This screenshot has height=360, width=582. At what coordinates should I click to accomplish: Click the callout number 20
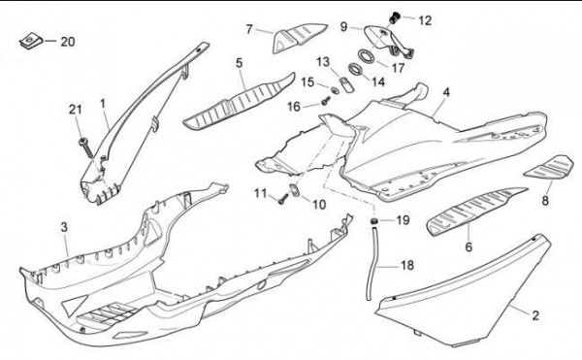pyautogui.click(x=68, y=42)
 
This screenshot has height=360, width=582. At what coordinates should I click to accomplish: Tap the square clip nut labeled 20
pyautogui.click(x=30, y=41)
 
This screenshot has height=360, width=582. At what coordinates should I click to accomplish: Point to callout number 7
pyautogui.click(x=249, y=28)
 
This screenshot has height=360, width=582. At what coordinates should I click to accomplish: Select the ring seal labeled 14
pyautogui.click(x=357, y=69)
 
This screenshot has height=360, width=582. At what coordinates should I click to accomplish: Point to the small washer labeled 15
pyautogui.click(x=334, y=90)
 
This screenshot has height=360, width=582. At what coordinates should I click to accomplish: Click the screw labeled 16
pyautogui.click(x=326, y=100)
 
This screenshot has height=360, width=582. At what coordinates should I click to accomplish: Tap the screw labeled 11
pyautogui.click(x=283, y=199)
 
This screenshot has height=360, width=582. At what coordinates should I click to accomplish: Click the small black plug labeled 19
pyautogui.click(x=373, y=221)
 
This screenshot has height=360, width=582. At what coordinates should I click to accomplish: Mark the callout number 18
pyautogui.click(x=407, y=265)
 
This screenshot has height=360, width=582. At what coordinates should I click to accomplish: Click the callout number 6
pyautogui.click(x=469, y=246)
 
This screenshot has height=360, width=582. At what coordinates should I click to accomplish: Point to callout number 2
pyautogui.click(x=534, y=315)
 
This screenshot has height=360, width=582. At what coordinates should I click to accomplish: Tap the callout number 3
pyautogui.click(x=64, y=227)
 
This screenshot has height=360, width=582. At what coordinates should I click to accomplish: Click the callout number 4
pyautogui.click(x=446, y=92)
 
